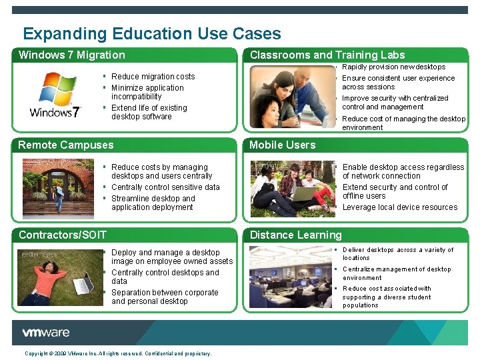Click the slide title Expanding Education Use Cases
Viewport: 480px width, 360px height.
click(152, 34)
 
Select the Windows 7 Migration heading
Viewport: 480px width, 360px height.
click(72, 55)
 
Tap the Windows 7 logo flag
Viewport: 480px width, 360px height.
click(58, 89)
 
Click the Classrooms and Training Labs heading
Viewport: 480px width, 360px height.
click(327, 55)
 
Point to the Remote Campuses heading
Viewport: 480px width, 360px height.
click(66, 145)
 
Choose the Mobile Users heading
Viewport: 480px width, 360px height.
click(283, 145)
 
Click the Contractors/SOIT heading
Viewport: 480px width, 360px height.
click(63, 235)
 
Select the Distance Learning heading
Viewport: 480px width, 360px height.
click(295, 235)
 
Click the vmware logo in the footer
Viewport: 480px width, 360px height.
click(45, 333)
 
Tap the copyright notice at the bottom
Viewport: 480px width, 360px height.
click(118, 353)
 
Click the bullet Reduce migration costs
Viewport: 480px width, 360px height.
click(153, 77)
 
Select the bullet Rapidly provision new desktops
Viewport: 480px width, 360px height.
click(393, 67)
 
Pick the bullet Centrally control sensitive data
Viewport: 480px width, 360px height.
click(165, 187)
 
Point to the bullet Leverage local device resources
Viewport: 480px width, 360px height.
click(399, 207)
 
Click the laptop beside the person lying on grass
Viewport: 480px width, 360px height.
click(83, 283)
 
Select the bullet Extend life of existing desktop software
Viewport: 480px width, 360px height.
click(149, 112)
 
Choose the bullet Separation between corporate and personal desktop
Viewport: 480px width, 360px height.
click(165, 297)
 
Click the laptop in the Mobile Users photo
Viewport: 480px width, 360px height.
click(303, 194)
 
